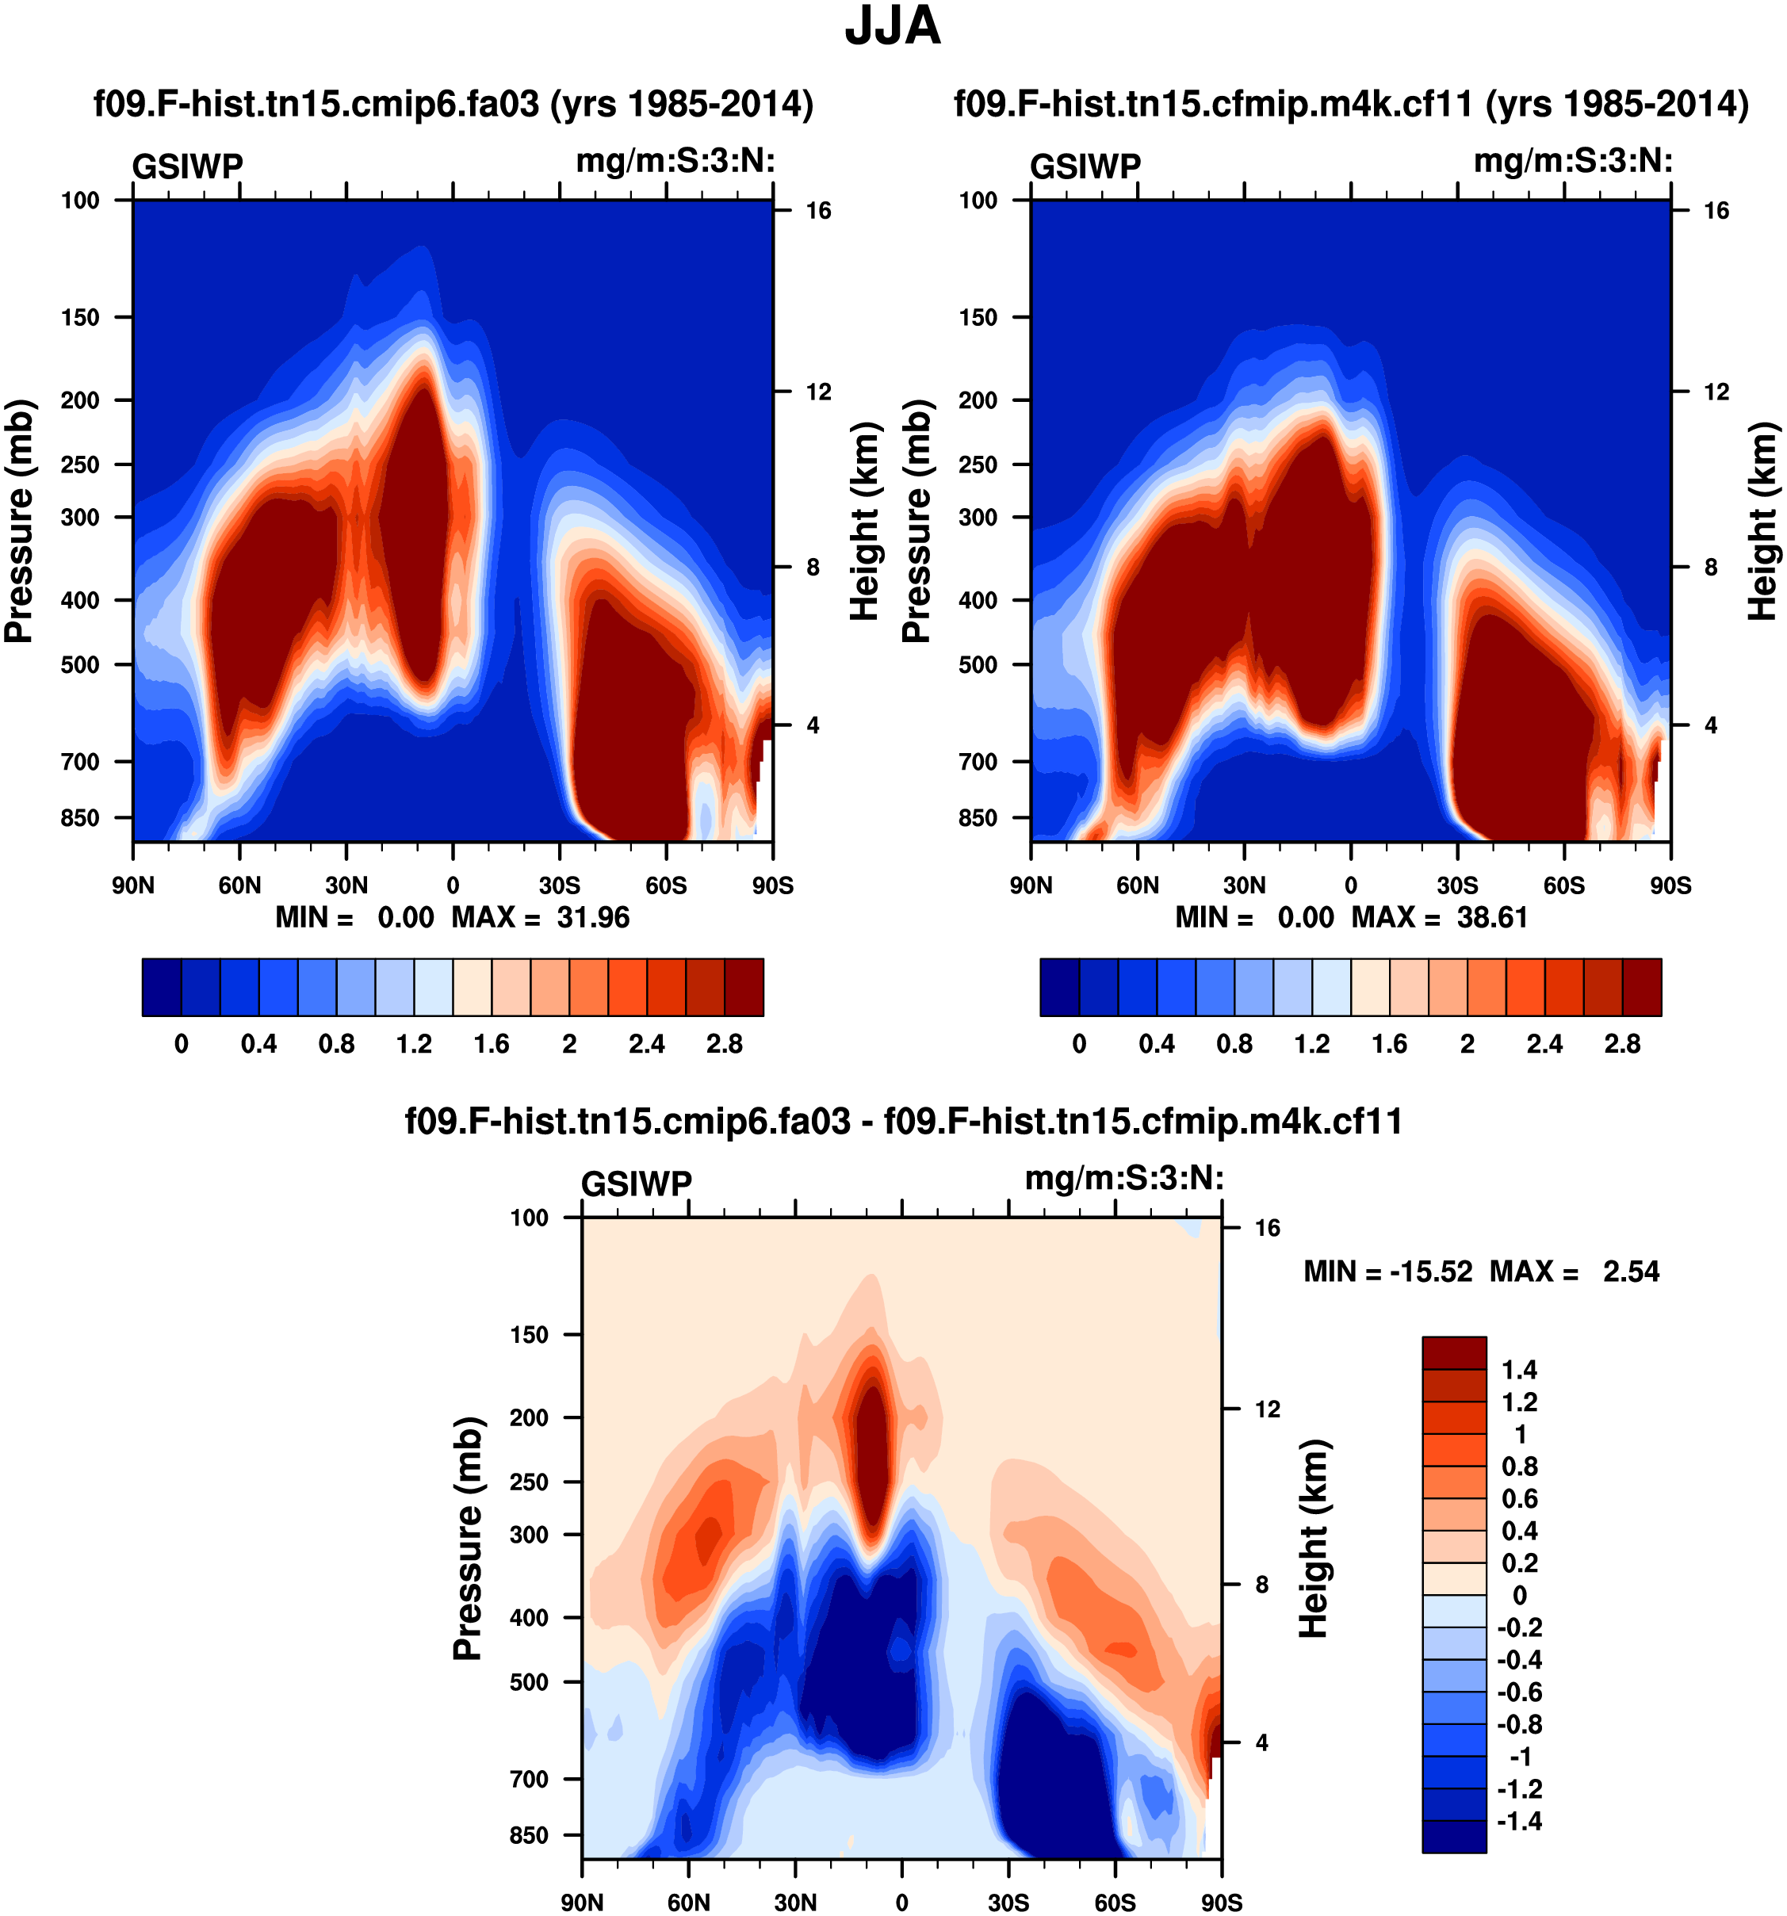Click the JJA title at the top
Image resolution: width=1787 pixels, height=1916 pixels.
tap(892, 27)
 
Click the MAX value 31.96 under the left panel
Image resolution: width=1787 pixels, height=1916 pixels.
tap(593, 917)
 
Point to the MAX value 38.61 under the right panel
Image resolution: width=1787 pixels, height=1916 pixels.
tap(1492, 917)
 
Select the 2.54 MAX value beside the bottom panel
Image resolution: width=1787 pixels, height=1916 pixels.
tap(1631, 1272)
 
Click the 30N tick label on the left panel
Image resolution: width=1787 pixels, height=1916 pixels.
tap(346, 885)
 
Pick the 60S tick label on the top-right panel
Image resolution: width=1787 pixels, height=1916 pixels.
tap(1563, 885)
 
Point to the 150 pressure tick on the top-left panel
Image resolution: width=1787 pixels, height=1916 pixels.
tap(80, 317)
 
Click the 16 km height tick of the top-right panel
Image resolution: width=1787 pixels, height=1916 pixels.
tap(1716, 211)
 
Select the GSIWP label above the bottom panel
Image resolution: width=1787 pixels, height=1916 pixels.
tap(636, 1184)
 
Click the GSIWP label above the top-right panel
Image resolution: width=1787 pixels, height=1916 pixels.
tap(1085, 166)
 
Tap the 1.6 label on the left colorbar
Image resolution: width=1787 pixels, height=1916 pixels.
tap(492, 1045)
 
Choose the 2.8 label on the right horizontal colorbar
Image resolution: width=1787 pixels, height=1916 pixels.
tap(1622, 1045)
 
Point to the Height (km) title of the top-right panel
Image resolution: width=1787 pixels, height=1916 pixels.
tap(1763, 521)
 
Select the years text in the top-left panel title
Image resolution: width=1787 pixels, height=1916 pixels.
tap(682, 104)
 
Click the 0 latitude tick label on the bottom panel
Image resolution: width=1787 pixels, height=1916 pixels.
tap(901, 1903)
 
